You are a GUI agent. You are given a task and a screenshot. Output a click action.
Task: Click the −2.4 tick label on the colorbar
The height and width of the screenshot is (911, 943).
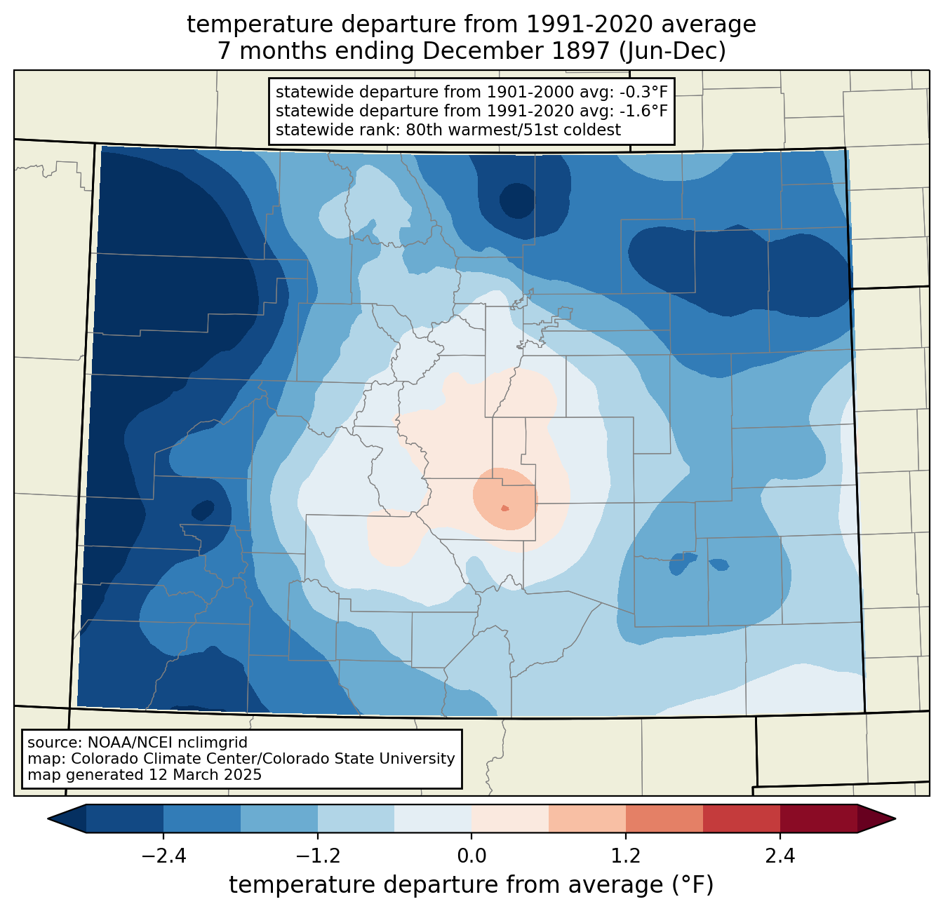[163, 856]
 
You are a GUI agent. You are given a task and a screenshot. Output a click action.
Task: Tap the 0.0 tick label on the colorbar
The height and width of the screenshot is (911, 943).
[471, 856]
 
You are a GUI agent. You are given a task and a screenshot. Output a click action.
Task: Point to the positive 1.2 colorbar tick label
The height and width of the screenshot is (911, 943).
[626, 856]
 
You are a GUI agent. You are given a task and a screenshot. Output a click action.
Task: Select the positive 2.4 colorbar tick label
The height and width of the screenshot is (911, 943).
[780, 856]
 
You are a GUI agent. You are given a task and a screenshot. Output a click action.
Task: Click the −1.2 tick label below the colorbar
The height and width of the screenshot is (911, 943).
[317, 856]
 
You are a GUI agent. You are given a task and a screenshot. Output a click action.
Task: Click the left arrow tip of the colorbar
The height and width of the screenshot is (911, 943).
[48, 818]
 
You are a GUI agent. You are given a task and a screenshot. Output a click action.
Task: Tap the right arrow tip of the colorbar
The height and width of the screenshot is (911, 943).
[895, 818]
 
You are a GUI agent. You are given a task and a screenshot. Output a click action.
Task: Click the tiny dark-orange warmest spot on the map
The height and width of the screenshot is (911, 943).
[505, 508]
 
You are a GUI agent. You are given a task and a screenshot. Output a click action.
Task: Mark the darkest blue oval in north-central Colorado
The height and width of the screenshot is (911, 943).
[516, 201]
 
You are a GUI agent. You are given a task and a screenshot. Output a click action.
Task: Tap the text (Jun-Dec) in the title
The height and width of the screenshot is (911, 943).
[673, 51]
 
